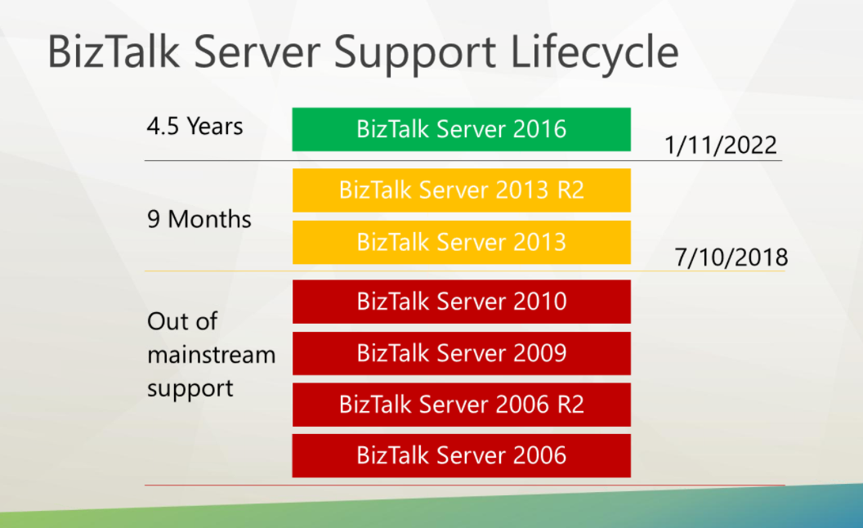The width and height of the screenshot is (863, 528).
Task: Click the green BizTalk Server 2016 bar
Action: (461, 129)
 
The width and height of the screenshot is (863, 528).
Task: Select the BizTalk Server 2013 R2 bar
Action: (461, 190)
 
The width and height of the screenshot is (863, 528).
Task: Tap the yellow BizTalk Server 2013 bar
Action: (461, 242)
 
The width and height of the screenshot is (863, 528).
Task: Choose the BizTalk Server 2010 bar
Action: (461, 302)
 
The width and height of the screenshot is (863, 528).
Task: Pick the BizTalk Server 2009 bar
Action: (461, 353)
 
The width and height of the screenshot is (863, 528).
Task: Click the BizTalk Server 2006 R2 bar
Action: (461, 405)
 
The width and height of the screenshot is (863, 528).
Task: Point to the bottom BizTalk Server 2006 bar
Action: (461, 455)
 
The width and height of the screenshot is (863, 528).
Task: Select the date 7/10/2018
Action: (731, 257)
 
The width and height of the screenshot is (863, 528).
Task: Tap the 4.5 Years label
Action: (195, 127)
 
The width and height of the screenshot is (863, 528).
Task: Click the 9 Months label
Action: (199, 220)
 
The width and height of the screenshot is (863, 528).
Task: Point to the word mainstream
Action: (211, 356)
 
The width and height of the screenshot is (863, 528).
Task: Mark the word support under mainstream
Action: (190, 389)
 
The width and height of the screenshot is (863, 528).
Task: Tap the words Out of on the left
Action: (181, 321)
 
